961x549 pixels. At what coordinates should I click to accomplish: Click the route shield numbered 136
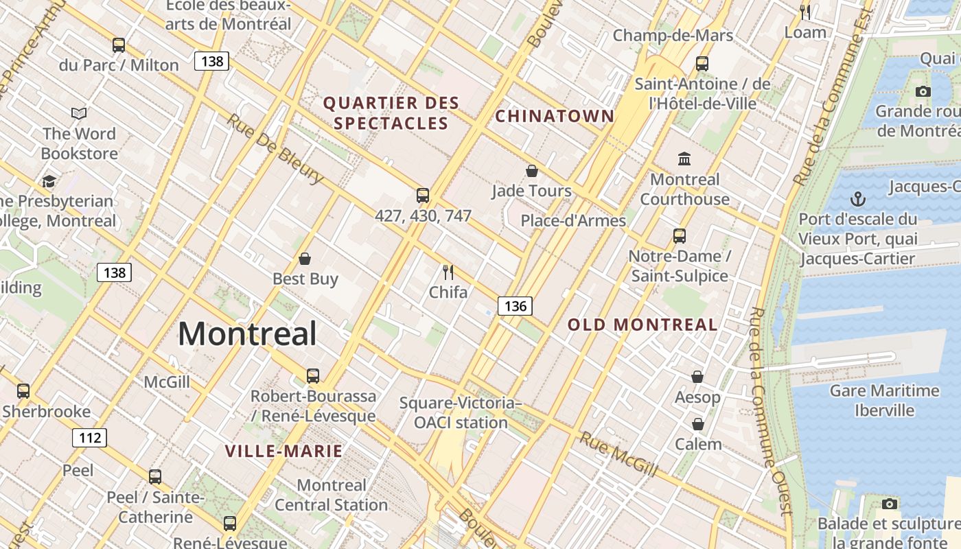click(515, 306)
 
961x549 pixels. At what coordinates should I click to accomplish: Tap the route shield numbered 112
click(89, 437)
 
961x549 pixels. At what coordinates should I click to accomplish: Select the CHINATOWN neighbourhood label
click(555, 116)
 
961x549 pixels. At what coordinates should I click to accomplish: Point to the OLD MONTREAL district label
click(642, 325)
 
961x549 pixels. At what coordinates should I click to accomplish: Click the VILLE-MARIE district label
click(283, 451)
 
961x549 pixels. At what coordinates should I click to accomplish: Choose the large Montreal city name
click(247, 334)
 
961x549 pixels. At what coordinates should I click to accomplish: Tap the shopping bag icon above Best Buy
click(305, 259)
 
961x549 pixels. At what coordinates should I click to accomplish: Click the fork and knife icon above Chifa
click(448, 272)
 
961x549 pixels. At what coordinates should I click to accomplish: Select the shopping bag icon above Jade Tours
click(531, 171)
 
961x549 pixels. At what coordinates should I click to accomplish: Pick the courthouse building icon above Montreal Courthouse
click(684, 159)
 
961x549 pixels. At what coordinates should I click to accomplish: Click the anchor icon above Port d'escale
click(857, 200)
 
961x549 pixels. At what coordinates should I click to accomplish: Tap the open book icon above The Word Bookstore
click(79, 113)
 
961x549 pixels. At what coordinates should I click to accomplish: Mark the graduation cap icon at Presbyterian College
click(49, 181)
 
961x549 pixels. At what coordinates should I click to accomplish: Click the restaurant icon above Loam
click(805, 12)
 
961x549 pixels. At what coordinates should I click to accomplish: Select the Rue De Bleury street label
click(275, 149)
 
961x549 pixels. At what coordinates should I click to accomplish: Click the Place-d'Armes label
click(573, 220)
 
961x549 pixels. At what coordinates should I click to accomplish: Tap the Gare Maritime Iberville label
click(884, 400)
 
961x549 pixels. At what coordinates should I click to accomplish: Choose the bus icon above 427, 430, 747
click(423, 196)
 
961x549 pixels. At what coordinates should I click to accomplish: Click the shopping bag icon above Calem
click(698, 424)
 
